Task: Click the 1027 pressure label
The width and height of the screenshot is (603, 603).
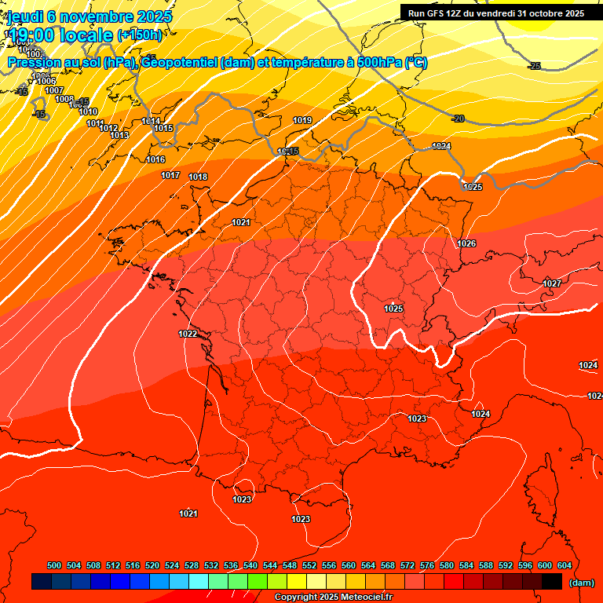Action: pyautogui.click(x=552, y=283)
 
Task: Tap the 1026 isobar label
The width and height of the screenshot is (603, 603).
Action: pyautogui.click(x=466, y=243)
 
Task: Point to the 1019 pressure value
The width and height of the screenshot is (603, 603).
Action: pyautogui.click(x=302, y=120)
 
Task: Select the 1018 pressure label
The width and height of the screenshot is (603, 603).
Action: pyautogui.click(x=198, y=177)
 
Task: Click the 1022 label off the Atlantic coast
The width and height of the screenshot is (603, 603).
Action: pyautogui.click(x=188, y=334)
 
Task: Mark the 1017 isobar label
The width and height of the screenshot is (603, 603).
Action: pyautogui.click(x=170, y=175)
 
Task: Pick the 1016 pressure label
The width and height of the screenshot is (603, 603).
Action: pyautogui.click(x=155, y=159)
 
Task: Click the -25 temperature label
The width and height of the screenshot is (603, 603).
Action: pyautogui.click(x=535, y=66)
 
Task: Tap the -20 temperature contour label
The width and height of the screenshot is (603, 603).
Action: pyautogui.click(x=459, y=119)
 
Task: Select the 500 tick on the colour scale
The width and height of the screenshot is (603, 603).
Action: pyautogui.click(x=54, y=565)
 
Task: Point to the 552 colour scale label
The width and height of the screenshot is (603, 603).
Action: pyautogui.click(x=309, y=565)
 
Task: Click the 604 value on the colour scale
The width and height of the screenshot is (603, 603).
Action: pyautogui.click(x=564, y=565)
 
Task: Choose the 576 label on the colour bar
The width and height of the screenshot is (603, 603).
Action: pyautogui.click(x=427, y=565)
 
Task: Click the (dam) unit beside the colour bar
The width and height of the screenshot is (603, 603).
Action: pyautogui.click(x=581, y=582)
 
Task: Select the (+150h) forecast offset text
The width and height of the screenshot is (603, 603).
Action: pyautogui.click(x=140, y=35)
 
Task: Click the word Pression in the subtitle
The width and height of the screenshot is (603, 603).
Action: pyautogui.click(x=35, y=62)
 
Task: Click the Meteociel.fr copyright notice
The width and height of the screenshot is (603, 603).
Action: pyautogui.click(x=333, y=598)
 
